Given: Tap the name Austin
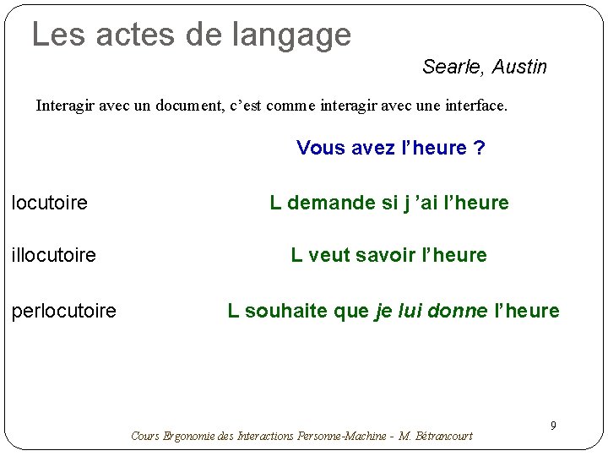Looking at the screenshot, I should pyautogui.click(x=519, y=67).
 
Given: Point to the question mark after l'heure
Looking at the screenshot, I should pyautogui.click(x=480, y=149).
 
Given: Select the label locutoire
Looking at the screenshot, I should pyautogui.click(x=50, y=203).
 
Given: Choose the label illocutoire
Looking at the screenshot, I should pyautogui.click(x=54, y=255).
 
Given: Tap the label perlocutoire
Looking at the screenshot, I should pyautogui.click(x=64, y=311).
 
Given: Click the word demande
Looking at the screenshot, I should pyautogui.click(x=325, y=203).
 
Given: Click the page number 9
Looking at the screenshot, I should pyautogui.click(x=553, y=426).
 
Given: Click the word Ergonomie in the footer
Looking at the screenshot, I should pyautogui.click(x=187, y=437).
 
